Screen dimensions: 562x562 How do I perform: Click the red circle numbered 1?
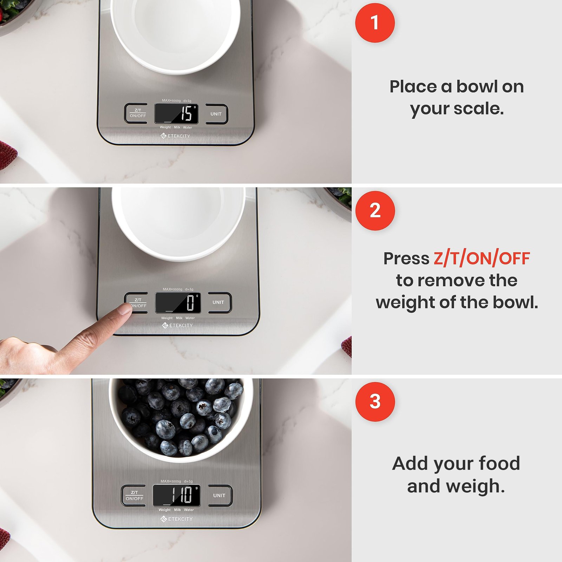pyautogui.click(x=375, y=23)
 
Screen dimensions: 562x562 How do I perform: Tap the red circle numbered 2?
pyautogui.click(x=375, y=211)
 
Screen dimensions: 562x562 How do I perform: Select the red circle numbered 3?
pyautogui.click(x=375, y=401)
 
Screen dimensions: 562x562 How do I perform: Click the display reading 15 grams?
pyautogui.click(x=176, y=113)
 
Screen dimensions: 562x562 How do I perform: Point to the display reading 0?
pyautogui.click(x=178, y=303)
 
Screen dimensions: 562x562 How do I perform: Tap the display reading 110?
pyautogui.click(x=177, y=495)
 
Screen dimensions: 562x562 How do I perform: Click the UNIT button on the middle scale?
pyautogui.click(x=218, y=302)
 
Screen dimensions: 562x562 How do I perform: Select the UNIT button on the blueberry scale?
pyautogui.click(x=219, y=495)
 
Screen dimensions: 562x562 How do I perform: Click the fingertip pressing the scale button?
pyautogui.click(x=124, y=309)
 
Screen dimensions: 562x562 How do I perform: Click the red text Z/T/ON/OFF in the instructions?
pyautogui.click(x=482, y=259)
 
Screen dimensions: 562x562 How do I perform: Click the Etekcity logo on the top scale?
pyautogui.click(x=175, y=136)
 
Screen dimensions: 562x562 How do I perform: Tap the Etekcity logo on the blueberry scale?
pyautogui.click(x=176, y=519)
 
